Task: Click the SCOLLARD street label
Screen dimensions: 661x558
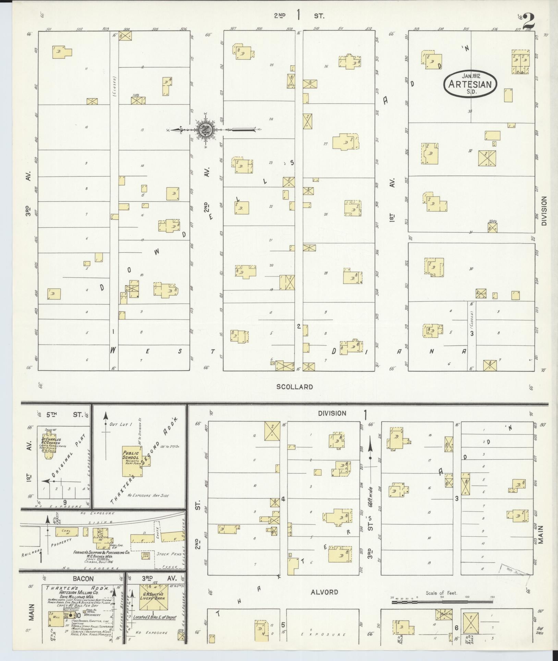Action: point(295,387)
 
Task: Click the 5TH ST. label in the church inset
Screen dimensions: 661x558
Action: point(64,414)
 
